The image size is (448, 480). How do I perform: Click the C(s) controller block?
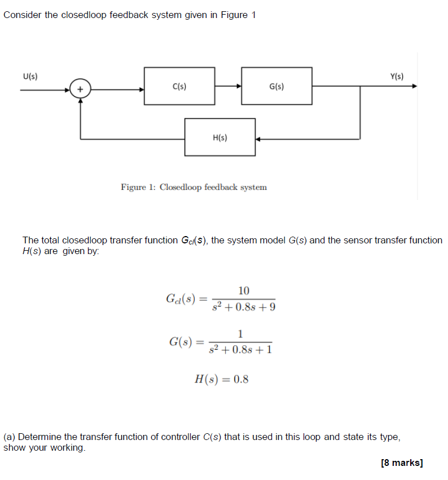(179, 86)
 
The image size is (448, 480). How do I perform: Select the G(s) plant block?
(276, 86)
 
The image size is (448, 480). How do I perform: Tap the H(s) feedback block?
(220, 137)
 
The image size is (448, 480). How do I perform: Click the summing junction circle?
(80, 88)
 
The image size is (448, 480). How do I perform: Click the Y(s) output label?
(397, 76)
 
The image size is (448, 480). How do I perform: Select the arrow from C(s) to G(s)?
(228, 86)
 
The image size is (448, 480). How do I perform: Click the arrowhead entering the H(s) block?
(258, 139)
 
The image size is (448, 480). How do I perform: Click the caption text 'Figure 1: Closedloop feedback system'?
(194, 187)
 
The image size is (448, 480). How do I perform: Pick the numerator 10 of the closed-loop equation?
(244, 291)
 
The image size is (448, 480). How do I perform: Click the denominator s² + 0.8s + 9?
(244, 308)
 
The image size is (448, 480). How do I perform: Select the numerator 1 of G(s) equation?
(240, 332)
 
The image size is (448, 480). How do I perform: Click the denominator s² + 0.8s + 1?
(240, 350)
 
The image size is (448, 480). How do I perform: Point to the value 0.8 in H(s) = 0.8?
(241, 379)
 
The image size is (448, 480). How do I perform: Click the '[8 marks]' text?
(402, 463)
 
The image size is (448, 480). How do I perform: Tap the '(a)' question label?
(10, 437)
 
